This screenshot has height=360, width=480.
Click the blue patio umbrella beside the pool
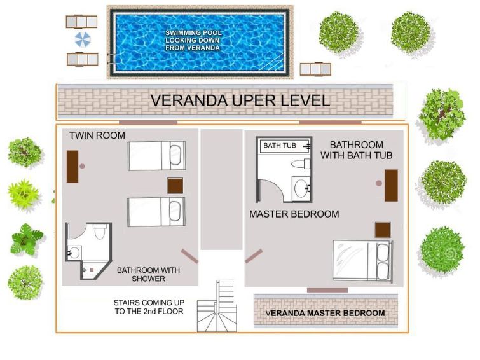tap(83, 39)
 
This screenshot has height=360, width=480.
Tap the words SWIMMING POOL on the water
tap(193, 33)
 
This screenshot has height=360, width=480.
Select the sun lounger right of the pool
tap(315, 69)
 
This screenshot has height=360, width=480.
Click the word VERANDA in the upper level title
tap(189, 100)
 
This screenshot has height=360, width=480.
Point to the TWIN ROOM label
tap(97, 135)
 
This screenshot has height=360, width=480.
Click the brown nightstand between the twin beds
tap(175, 186)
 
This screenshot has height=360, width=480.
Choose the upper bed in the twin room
tap(156, 156)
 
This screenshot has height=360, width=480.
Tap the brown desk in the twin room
tap(72, 167)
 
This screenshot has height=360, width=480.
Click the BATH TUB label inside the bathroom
tap(280, 145)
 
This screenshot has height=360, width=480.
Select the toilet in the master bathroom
tap(301, 164)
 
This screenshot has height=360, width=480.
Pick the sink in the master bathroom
tap(301, 188)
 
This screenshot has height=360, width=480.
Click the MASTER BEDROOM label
tap(294, 214)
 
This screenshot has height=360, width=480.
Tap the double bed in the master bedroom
tap(363, 260)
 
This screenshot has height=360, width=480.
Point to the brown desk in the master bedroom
tap(391, 185)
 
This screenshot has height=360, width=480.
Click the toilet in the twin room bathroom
tap(99, 232)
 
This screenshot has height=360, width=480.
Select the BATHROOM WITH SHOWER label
tap(149, 275)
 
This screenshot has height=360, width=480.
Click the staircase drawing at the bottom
tap(217, 306)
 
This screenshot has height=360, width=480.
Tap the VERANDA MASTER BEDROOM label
tap(325, 313)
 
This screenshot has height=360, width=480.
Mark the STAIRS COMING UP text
tap(149, 303)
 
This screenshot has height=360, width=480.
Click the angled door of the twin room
tap(189, 256)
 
